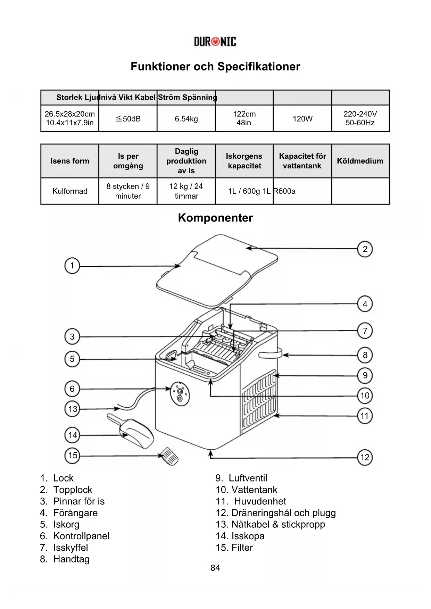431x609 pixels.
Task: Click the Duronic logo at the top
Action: pos(215,42)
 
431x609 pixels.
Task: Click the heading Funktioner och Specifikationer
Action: pos(215,66)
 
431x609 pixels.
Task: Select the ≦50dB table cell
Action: pos(128,119)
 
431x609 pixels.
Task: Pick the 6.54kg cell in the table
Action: pos(186,119)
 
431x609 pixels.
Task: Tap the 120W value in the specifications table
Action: pos(302,119)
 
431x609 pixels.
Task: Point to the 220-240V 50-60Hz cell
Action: pos(360,118)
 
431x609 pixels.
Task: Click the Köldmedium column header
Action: pos(360,161)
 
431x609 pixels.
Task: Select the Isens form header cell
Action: pos(70,161)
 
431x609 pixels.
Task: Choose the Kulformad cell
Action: pos(70,191)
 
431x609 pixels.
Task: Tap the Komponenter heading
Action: pos(215,218)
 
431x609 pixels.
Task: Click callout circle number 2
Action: pos(365,249)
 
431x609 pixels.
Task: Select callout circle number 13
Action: pos(72,409)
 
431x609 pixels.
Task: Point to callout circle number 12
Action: pos(365,457)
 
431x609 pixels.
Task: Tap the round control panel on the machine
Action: pos(180,394)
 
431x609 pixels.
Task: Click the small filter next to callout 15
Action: pos(170,456)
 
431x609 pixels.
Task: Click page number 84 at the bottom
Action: pos(215,568)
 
